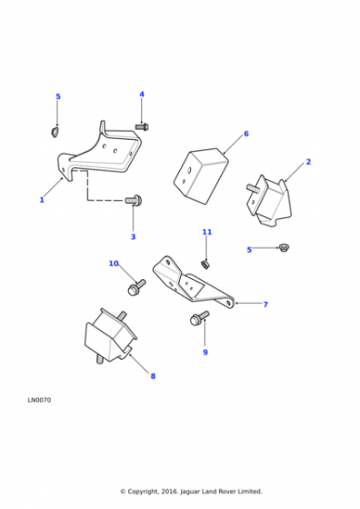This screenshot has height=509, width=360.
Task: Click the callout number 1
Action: click(x=42, y=200)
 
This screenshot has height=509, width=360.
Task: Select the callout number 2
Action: click(x=308, y=162)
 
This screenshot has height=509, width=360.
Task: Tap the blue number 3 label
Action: click(x=133, y=237)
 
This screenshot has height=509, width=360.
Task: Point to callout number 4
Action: click(x=142, y=95)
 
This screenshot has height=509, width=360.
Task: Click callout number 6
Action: click(x=246, y=134)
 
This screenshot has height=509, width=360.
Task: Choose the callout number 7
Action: click(x=265, y=304)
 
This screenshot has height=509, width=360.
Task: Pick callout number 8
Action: click(x=153, y=376)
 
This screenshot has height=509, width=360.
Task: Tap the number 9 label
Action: click(x=205, y=353)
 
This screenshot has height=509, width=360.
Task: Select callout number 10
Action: click(x=114, y=264)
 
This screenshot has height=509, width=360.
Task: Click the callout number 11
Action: click(x=207, y=232)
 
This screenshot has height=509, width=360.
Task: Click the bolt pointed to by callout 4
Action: click(x=142, y=126)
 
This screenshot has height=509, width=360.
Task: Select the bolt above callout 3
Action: click(x=133, y=200)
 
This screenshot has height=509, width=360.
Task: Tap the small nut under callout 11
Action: click(x=205, y=264)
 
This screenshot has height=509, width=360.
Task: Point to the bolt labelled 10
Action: click(x=136, y=287)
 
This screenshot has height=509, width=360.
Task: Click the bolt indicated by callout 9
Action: click(x=199, y=318)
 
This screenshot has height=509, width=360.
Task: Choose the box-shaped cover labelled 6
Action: click(x=201, y=176)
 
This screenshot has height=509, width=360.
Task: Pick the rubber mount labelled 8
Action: click(x=110, y=336)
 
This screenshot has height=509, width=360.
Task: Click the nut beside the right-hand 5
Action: click(x=284, y=248)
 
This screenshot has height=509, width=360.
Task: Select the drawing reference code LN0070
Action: click(x=39, y=400)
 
